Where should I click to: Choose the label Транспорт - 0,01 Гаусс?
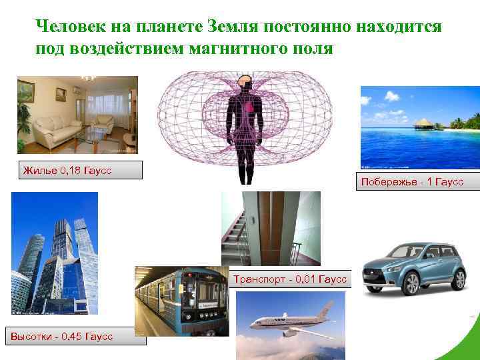(290, 279)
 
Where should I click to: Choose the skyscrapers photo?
(55, 253)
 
